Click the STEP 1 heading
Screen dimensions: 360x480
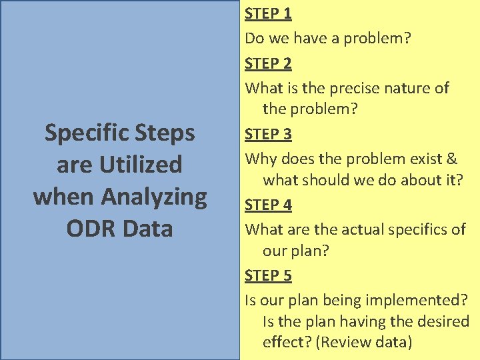tap(268, 13)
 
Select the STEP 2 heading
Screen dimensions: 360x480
tap(268, 64)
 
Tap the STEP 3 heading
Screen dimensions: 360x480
tap(268, 134)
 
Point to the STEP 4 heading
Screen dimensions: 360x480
tap(268, 205)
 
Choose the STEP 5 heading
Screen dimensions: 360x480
tap(268, 275)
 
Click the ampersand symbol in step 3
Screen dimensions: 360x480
tap(451, 159)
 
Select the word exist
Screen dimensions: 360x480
tap(425, 159)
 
